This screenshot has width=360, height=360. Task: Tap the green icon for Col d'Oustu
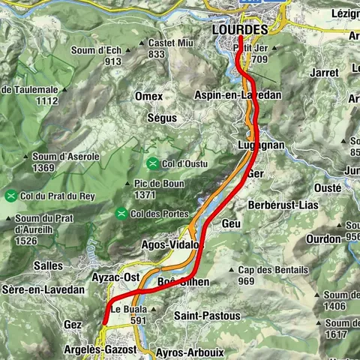tap(152, 163)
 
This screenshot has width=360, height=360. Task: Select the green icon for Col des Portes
tap(121, 214)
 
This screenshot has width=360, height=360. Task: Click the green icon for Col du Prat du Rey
tap(11, 196)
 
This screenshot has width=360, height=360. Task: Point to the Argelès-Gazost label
tap(102, 350)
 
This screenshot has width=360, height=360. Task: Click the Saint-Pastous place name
tap(207, 316)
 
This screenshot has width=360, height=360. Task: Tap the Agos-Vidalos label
tap(171, 245)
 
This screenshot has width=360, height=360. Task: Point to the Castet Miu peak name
tap(166, 43)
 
